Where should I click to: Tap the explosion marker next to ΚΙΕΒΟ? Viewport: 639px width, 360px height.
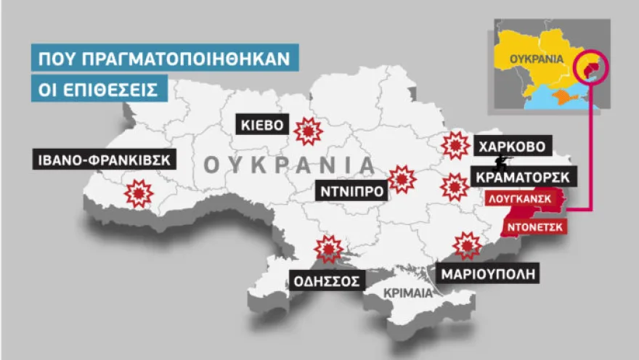[x=309, y=131]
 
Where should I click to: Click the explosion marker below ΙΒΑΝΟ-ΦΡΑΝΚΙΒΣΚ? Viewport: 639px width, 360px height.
[x=138, y=193]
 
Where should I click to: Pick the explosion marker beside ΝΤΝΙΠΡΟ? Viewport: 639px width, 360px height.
[x=401, y=179]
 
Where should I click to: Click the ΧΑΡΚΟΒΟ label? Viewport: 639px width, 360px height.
[x=511, y=145]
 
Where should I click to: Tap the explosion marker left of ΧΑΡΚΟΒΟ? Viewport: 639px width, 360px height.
[x=455, y=146]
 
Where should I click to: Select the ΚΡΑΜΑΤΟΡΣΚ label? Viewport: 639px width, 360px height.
[x=524, y=176]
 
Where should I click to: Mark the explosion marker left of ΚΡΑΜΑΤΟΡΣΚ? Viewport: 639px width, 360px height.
[x=455, y=187]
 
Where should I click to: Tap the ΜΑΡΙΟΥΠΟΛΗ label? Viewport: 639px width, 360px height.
[x=490, y=274]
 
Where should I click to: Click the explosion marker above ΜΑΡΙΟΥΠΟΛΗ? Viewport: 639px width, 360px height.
[x=466, y=245]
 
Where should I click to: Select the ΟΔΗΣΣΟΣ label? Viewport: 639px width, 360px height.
[x=325, y=279]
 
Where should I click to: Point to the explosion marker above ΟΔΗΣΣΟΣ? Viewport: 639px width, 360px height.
[x=328, y=249]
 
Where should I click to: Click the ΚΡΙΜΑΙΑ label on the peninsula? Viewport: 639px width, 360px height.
[x=408, y=293]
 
